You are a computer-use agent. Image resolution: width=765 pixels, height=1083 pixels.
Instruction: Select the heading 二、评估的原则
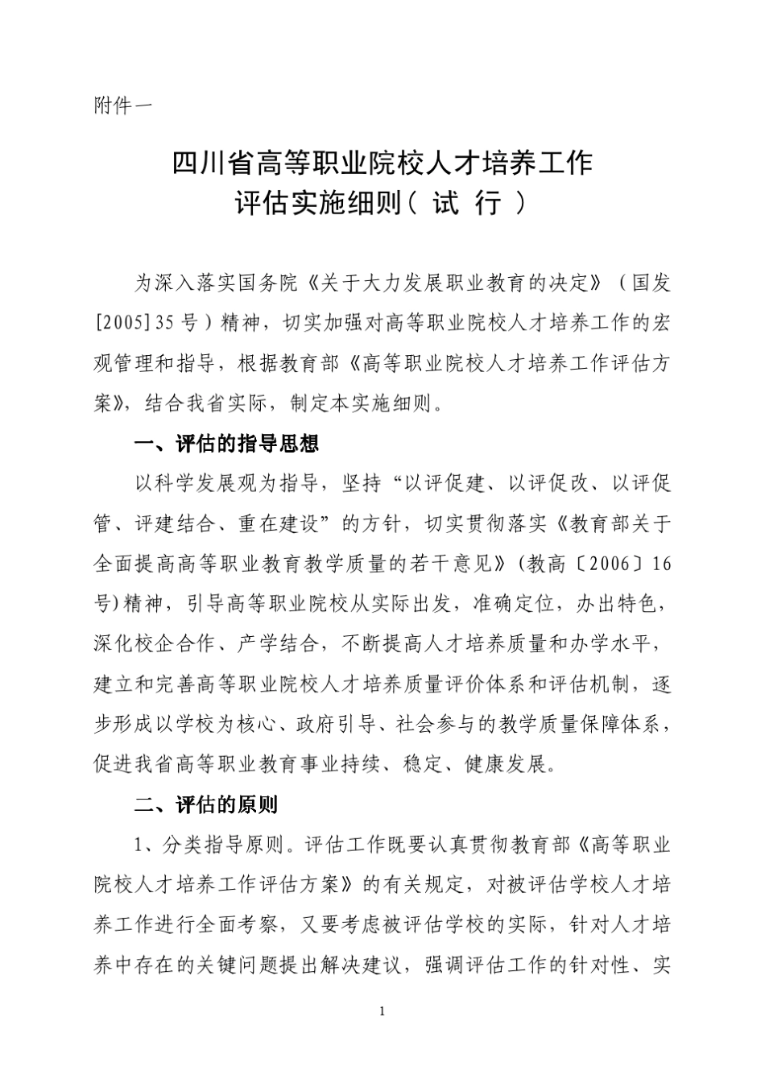205,804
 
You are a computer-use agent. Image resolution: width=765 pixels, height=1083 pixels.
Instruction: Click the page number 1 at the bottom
382,1011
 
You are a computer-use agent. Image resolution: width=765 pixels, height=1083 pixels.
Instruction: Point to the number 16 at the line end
661,564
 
